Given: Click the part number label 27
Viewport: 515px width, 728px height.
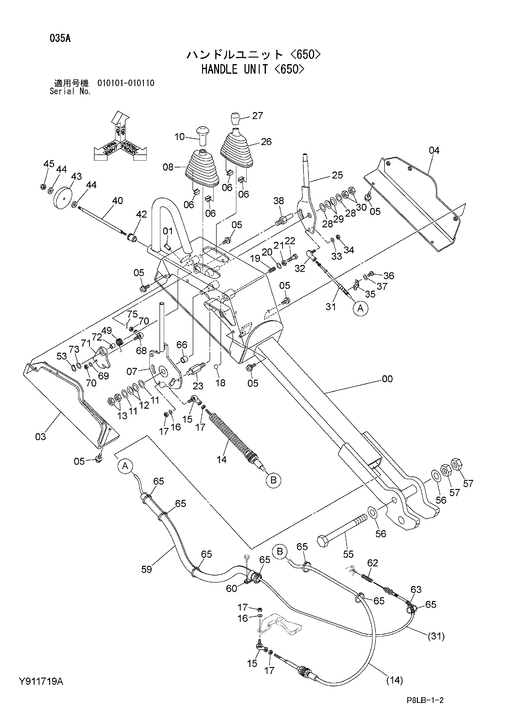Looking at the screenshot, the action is pyautogui.click(x=257, y=116).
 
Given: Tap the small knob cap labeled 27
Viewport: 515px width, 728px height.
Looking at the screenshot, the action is pyautogui.click(x=235, y=119).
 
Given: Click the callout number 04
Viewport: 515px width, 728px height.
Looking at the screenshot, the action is pyautogui.click(x=434, y=150).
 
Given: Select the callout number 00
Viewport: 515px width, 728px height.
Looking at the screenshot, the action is pyautogui.click(x=387, y=379).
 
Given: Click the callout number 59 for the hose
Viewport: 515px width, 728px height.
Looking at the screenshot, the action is pyautogui.click(x=147, y=570).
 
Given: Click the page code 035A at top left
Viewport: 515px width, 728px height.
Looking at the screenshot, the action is pyautogui.click(x=60, y=39).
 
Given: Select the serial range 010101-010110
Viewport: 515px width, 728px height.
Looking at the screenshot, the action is pyautogui.click(x=126, y=83).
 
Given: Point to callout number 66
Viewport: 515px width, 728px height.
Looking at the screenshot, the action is pyautogui.click(x=182, y=345).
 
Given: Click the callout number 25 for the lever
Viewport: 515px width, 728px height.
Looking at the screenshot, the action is pyautogui.click(x=337, y=175).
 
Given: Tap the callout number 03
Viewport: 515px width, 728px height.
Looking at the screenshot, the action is pyautogui.click(x=40, y=437).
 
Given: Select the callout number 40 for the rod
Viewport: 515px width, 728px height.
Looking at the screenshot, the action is pyautogui.click(x=118, y=201).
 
